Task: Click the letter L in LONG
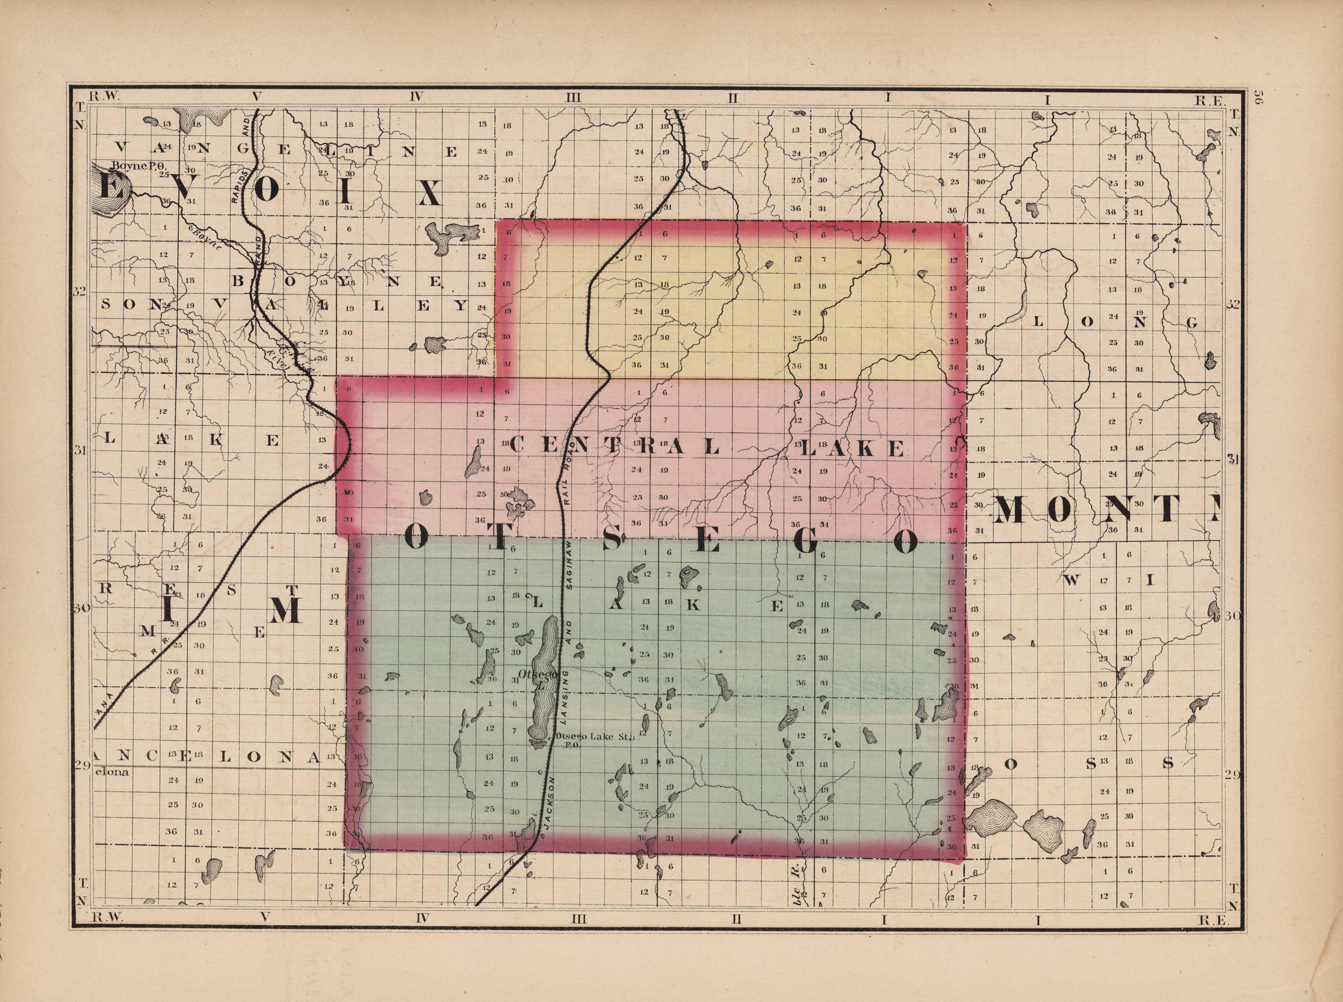pyautogui.click(x=1038, y=322)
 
